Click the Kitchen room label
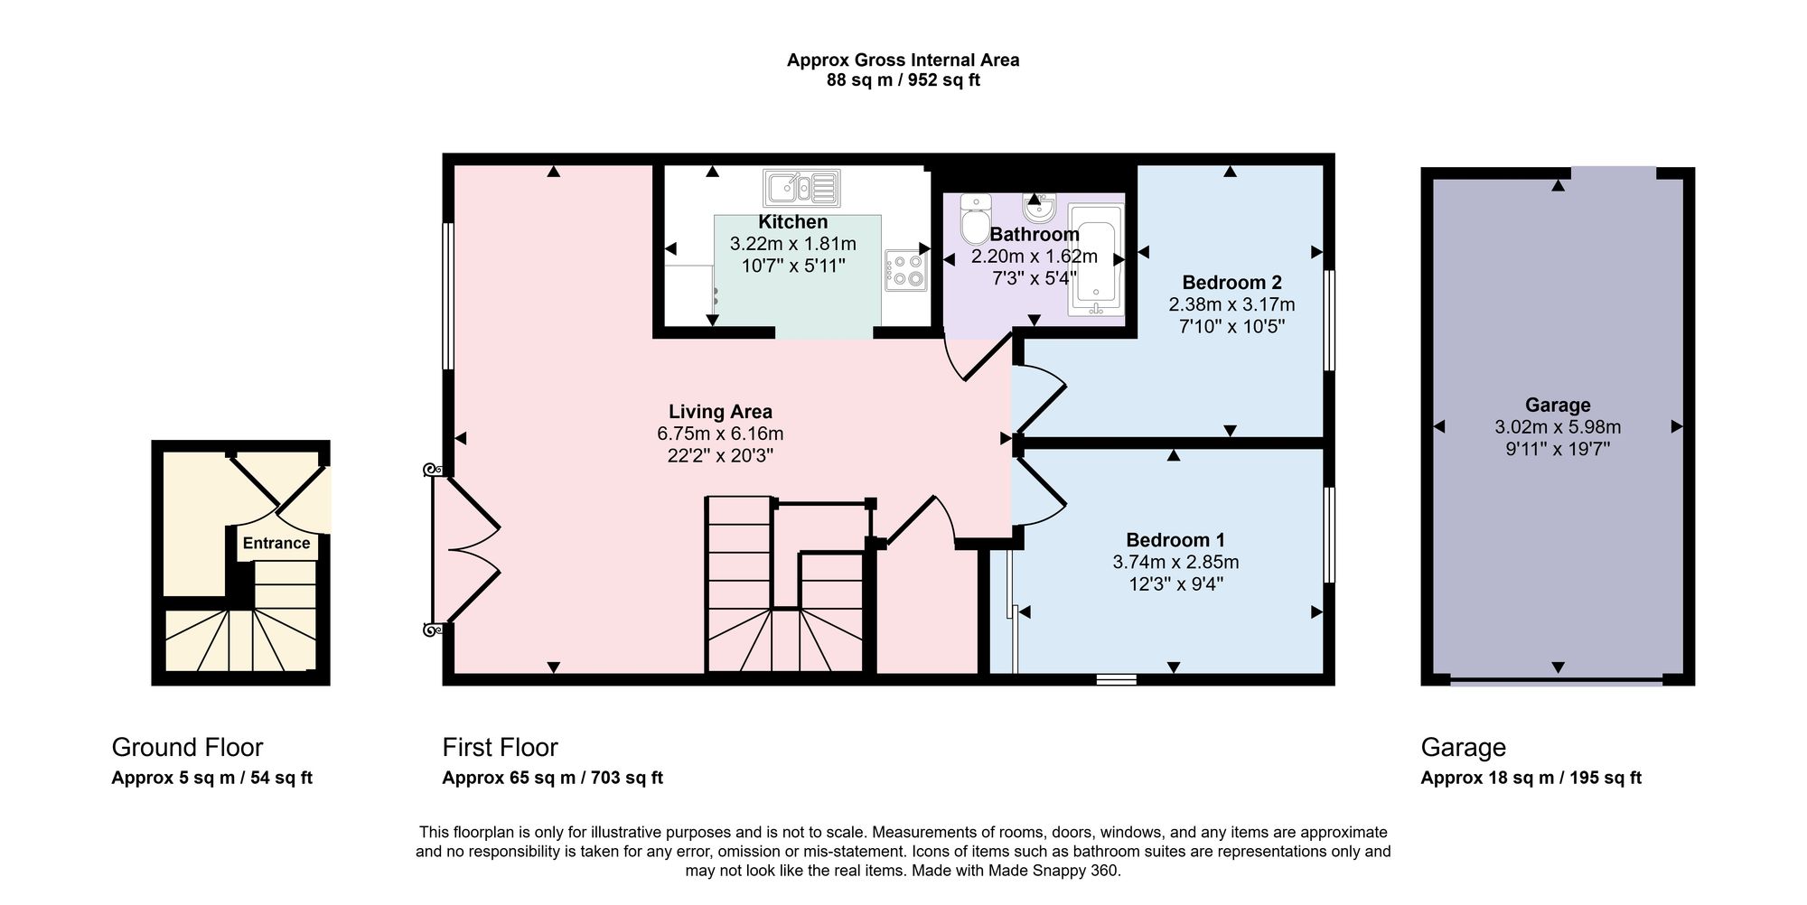[792, 222]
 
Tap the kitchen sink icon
[801, 189]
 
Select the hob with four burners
[906, 270]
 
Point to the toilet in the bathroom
[976, 219]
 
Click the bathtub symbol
[1096, 260]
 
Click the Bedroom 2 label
[1231, 283]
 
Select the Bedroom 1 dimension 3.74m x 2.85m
[1175, 562]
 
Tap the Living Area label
[720, 412]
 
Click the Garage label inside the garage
[1558, 406]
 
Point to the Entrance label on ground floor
[276, 543]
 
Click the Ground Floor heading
[187, 748]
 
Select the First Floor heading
[500, 748]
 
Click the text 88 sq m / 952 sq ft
[903, 80]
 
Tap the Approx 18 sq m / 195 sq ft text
[1531, 778]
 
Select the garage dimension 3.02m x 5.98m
[1558, 427]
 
